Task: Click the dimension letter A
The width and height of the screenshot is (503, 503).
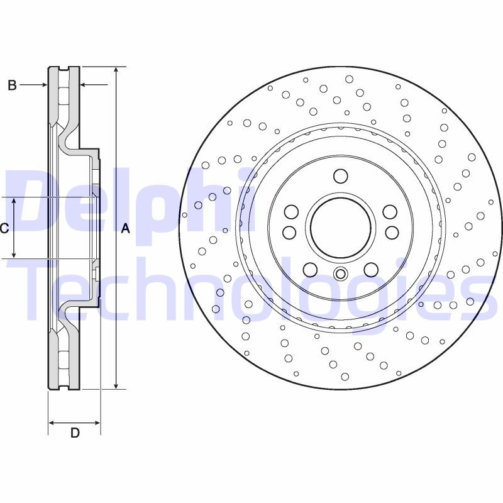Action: click(x=125, y=229)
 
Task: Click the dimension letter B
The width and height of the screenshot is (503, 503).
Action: click(x=12, y=86)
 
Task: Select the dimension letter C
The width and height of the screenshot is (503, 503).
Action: click(x=4, y=229)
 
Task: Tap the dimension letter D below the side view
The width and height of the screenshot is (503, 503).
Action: click(x=75, y=433)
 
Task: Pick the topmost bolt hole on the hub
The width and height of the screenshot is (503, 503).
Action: click(x=340, y=175)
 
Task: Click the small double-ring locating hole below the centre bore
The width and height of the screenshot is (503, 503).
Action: click(x=340, y=274)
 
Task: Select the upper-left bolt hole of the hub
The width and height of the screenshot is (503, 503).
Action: click(x=290, y=212)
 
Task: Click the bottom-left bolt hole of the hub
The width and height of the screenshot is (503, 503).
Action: click(x=309, y=270)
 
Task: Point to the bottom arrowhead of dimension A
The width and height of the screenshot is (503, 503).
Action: click(x=116, y=385)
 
